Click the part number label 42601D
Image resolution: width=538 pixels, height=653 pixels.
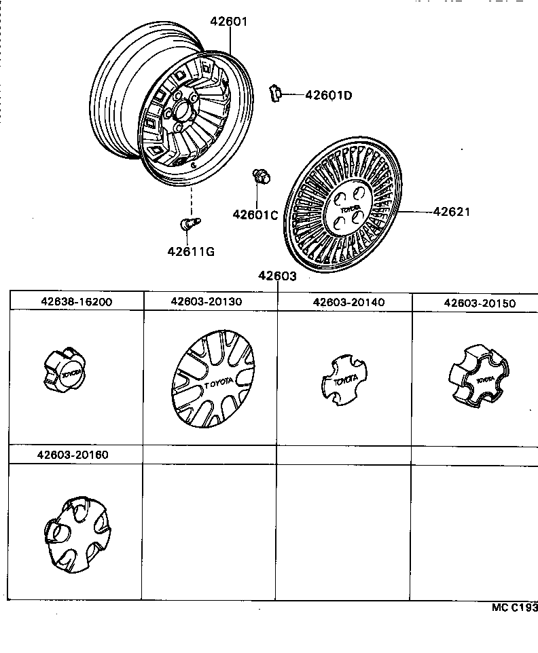(x=329, y=96)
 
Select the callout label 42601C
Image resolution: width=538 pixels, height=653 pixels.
(x=255, y=214)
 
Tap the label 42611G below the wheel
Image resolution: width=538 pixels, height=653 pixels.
(x=191, y=252)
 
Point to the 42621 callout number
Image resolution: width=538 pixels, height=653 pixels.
(x=452, y=212)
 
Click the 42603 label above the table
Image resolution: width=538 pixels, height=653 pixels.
(x=277, y=276)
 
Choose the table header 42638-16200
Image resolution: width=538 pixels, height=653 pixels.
(x=75, y=302)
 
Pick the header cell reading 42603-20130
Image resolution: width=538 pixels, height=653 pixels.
(x=207, y=302)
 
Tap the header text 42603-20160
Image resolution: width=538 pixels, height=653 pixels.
(x=73, y=455)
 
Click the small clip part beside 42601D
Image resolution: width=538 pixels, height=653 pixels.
(x=276, y=93)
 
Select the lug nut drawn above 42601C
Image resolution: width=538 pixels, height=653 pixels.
(x=261, y=176)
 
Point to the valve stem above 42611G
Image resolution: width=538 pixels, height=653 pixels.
(x=189, y=223)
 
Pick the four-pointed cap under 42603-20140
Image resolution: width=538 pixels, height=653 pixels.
(x=346, y=381)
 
